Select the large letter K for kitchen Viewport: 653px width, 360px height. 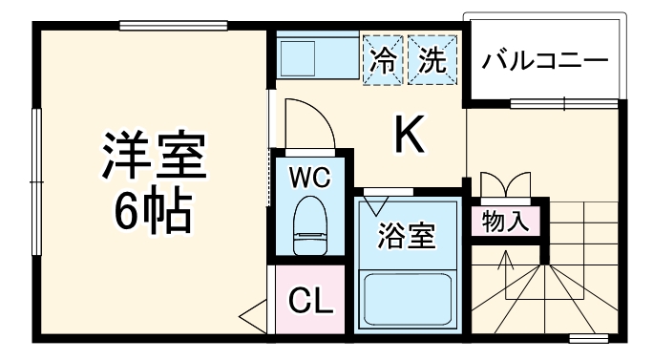coord(409,136)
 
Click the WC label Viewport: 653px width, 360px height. coord(310,179)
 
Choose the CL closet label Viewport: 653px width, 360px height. coord(310,304)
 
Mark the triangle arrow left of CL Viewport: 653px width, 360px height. coord(254,312)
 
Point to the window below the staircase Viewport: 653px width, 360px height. coord(589,337)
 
